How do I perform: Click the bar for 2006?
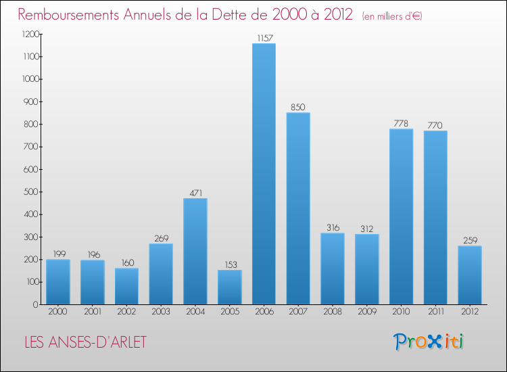click(264, 174)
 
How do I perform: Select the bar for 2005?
click(229, 287)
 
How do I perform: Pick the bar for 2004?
click(195, 251)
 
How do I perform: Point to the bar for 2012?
click(470, 275)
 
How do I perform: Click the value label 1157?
click(264, 38)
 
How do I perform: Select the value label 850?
click(298, 107)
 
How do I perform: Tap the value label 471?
click(195, 193)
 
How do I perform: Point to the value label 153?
click(229, 264)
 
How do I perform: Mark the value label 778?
click(401, 123)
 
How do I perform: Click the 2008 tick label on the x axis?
click(333, 312)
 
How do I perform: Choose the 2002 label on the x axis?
click(126, 312)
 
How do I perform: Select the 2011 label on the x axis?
click(435, 312)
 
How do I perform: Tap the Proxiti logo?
click(429, 342)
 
